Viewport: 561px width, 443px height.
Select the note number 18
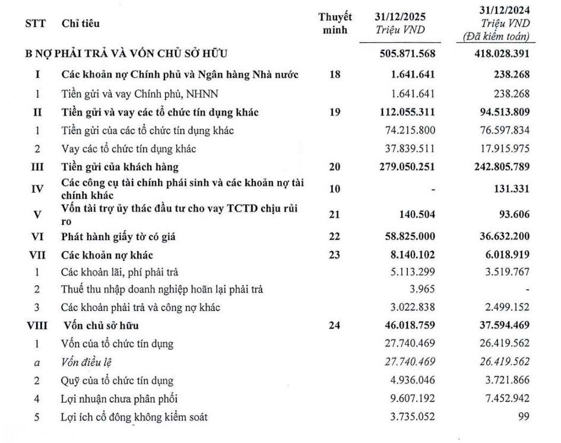point(335,75)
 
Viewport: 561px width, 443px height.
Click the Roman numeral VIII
point(36,326)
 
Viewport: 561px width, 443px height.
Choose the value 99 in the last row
point(524,417)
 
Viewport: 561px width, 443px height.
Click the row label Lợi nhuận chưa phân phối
point(119,399)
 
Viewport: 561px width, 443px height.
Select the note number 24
point(335,326)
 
